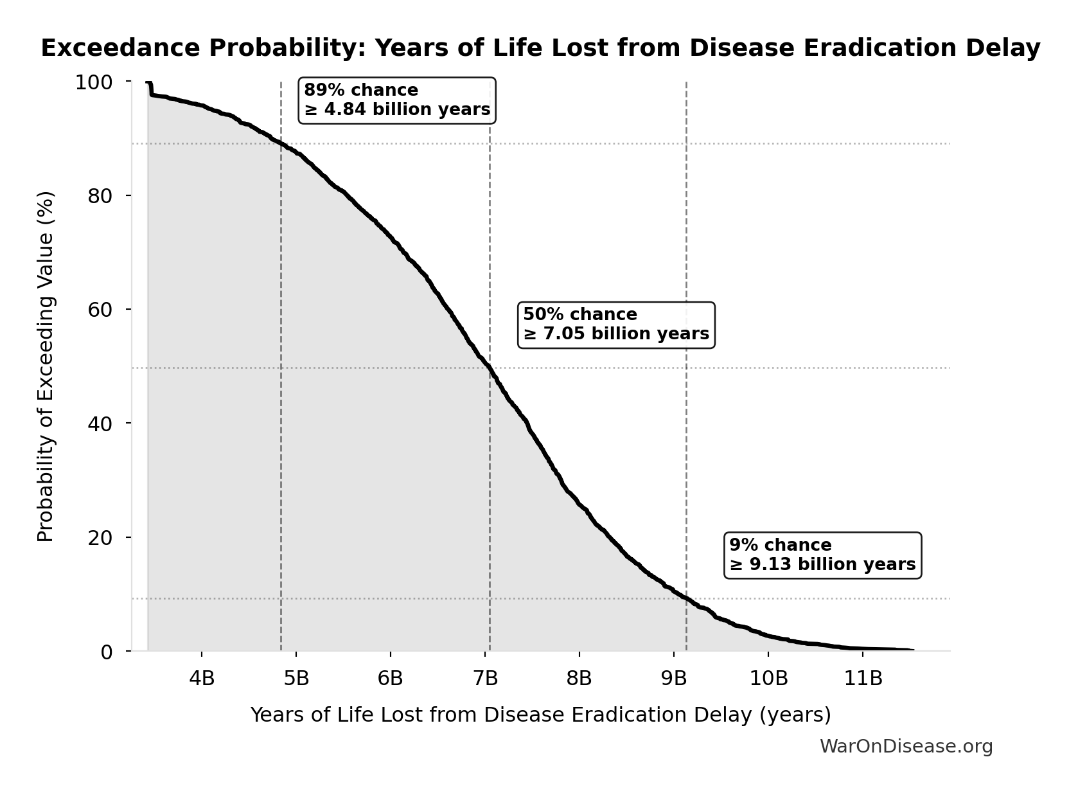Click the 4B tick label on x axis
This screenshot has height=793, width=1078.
point(202,678)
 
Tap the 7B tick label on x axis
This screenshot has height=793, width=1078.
point(485,678)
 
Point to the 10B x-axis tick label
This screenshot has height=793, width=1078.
point(768,678)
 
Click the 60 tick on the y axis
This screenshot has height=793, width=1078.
point(100,310)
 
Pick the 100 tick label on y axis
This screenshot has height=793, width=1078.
point(94,82)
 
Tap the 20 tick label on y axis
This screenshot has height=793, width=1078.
point(100,537)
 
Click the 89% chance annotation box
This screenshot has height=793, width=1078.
point(397,100)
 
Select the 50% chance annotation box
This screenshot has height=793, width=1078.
point(615,325)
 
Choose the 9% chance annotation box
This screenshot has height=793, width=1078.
point(822,555)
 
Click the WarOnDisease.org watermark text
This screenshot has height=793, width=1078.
point(906,746)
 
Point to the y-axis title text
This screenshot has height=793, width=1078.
point(46,366)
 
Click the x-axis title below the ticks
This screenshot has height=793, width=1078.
point(540,715)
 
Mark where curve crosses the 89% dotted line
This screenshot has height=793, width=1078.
point(281,143)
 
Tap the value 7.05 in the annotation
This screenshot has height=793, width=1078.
point(566,334)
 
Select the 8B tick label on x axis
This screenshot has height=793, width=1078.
point(579,678)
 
